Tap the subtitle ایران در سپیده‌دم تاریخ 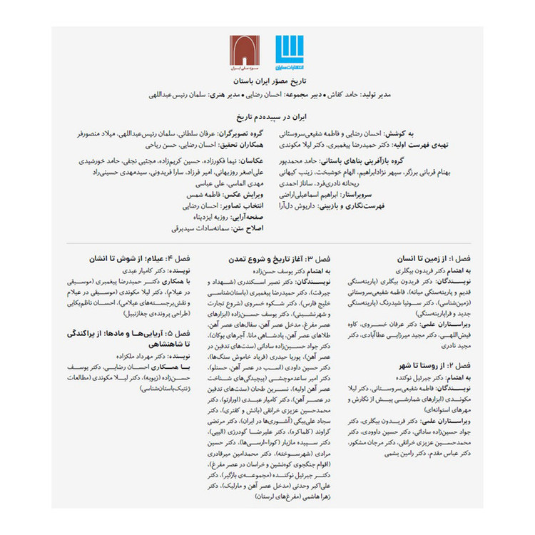click(x=267, y=114)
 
